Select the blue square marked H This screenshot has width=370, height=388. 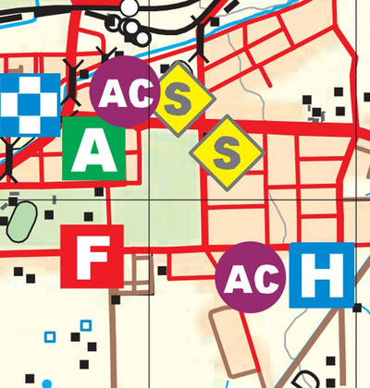[321, 274]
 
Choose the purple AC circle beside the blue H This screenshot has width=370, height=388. [250, 276]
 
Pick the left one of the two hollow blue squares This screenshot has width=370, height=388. [51, 336]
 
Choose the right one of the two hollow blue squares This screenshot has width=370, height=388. [86, 325]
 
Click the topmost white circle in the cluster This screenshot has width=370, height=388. [130, 7]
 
